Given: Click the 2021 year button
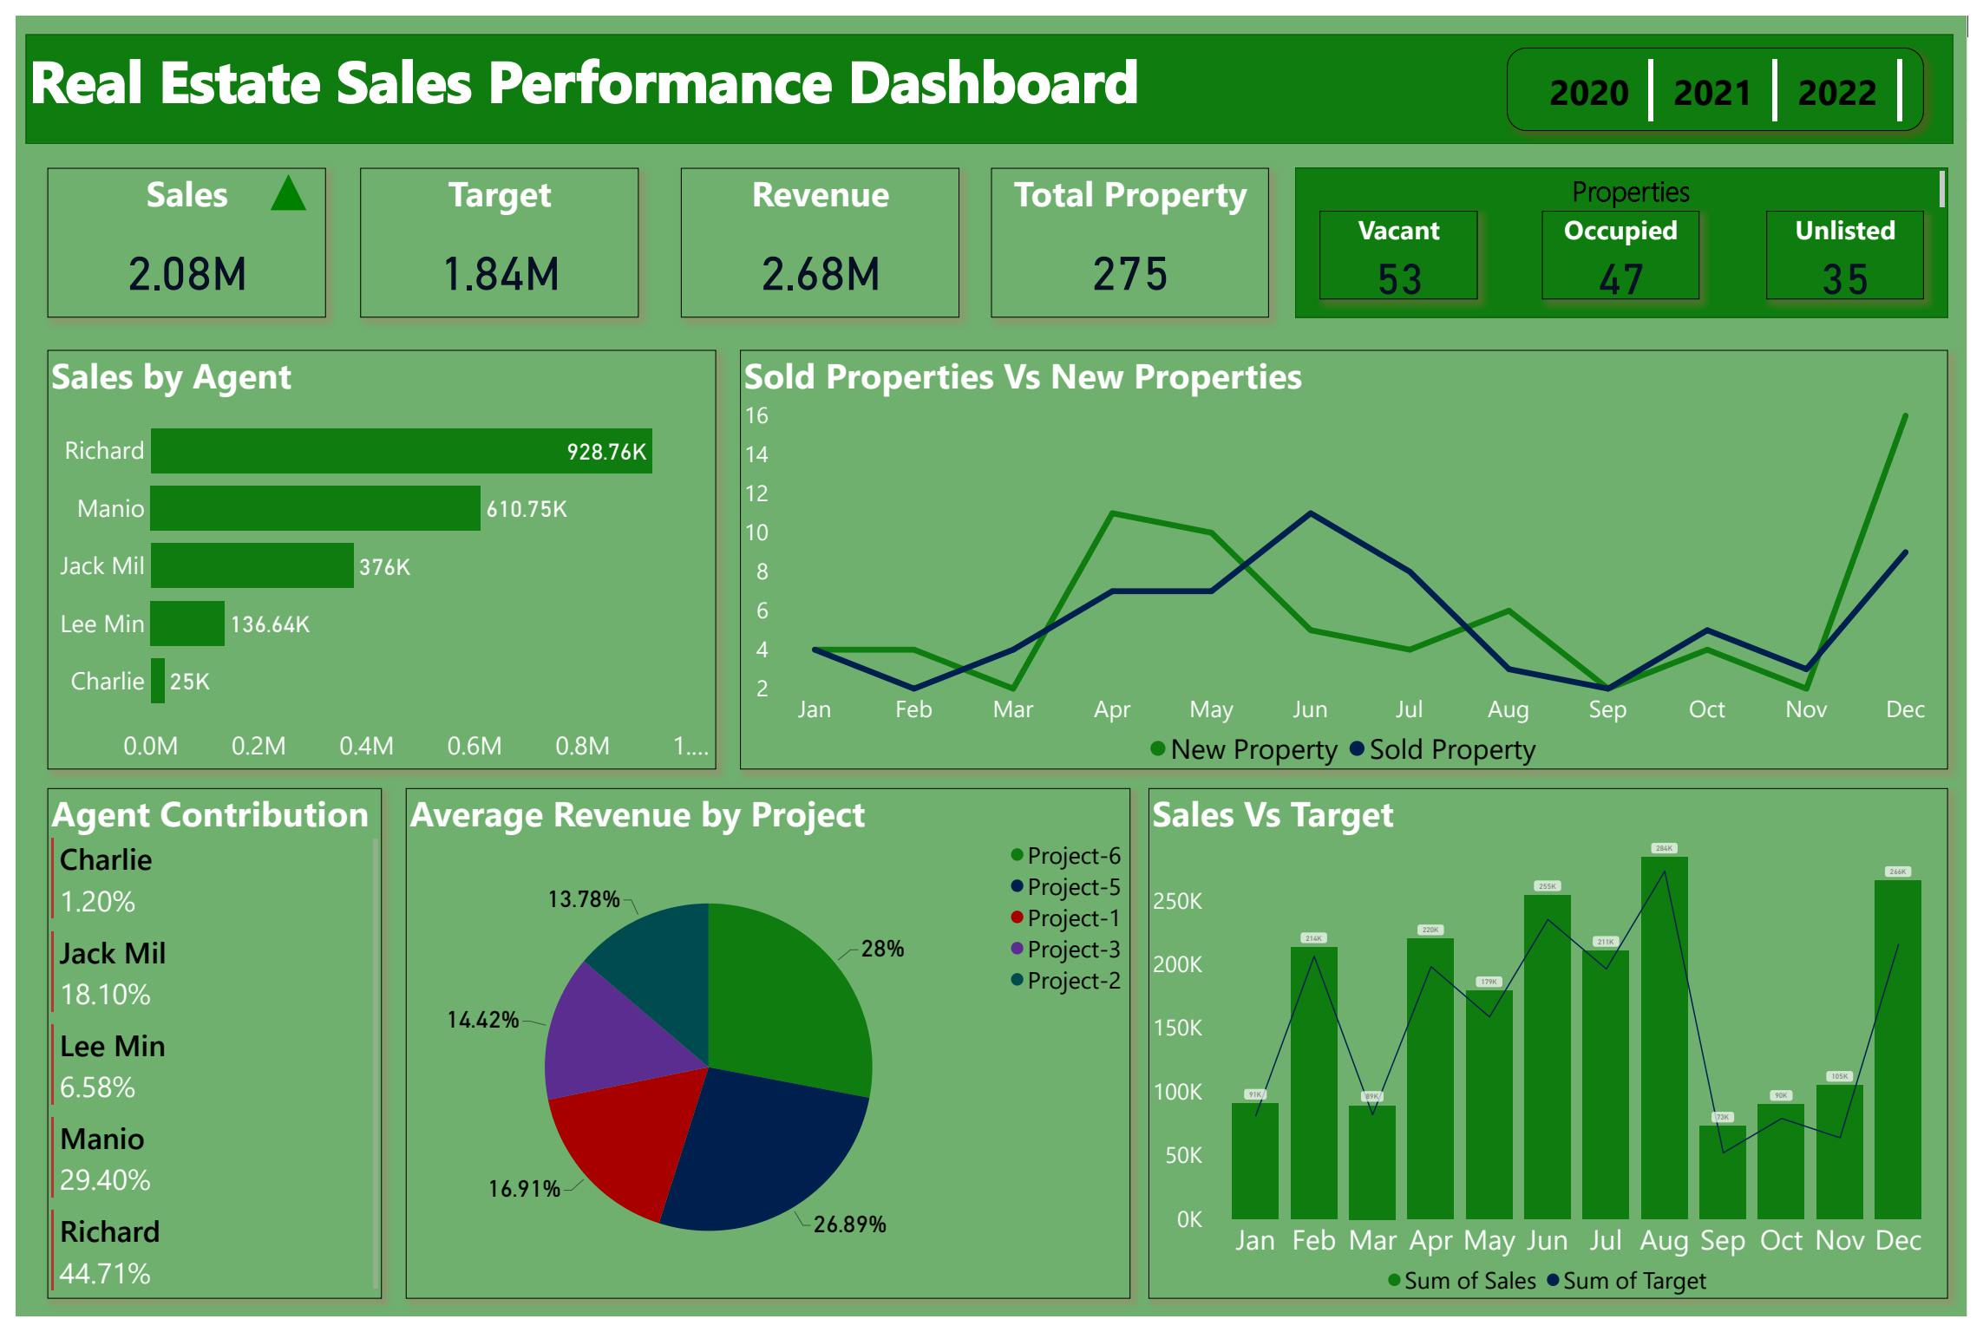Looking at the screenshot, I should coord(1711,92).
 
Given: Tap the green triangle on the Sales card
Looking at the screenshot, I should coord(288,194).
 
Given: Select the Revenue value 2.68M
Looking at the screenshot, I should coord(820,274).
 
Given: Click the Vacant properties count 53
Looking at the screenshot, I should coord(1399,279).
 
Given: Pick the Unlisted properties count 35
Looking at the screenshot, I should coord(1844,279).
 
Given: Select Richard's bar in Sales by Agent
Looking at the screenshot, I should coord(401,451).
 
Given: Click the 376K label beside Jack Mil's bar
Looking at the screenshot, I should coord(384,567).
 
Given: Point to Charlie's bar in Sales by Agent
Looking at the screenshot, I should coord(158,681).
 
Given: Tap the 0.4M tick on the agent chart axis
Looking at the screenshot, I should coord(366,746).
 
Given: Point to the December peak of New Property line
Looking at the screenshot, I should coord(1905,416).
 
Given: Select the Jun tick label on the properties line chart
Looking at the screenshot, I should coord(1310,709).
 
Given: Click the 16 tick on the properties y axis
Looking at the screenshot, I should coord(756,416).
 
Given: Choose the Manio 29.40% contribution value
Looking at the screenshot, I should coord(105,1179).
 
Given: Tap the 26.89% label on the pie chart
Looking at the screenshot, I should coord(849,1224).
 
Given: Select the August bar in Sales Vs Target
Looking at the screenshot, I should coord(1664,1041).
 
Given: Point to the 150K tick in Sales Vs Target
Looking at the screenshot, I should coord(1177,1028).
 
